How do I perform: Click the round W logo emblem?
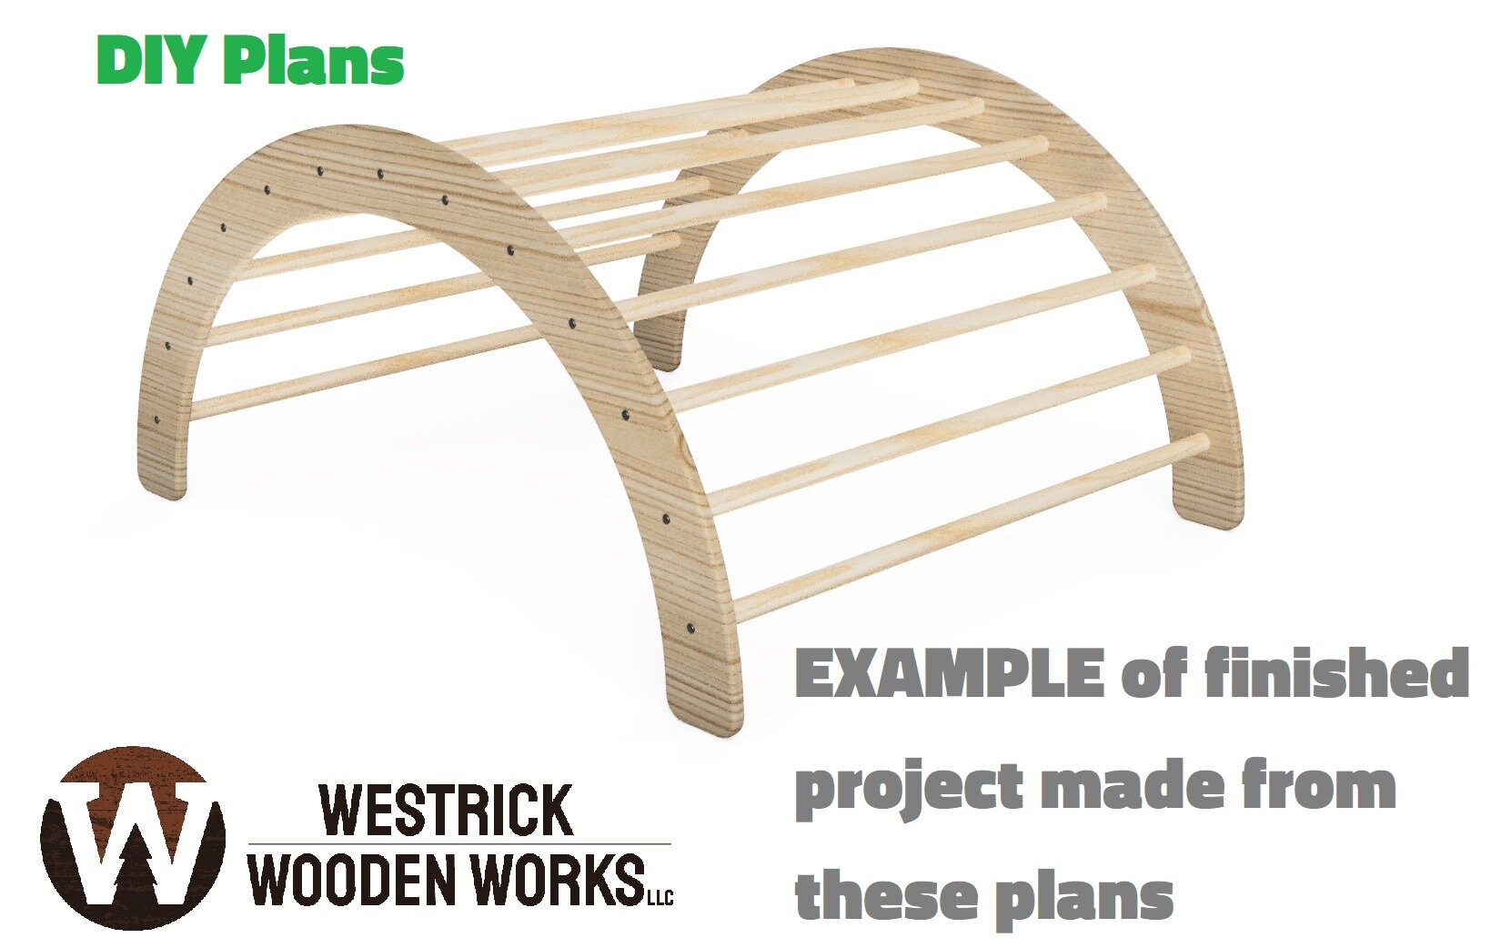[x=133, y=838]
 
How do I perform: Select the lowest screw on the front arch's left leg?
[x=157, y=421]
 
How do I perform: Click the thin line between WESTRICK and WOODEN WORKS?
[x=459, y=843]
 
